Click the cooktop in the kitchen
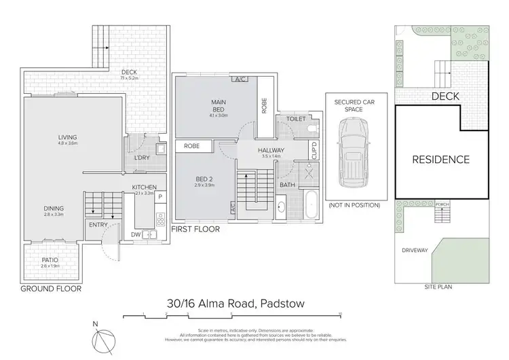[162, 219]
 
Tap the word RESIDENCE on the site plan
[441, 160]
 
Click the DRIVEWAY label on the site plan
[414, 251]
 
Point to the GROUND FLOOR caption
[50, 289]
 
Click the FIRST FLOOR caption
[196, 230]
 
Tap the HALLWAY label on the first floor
[271, 150]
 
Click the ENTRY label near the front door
[96, 226]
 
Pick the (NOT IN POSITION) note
[351, 204]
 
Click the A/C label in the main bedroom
[240, 79]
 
